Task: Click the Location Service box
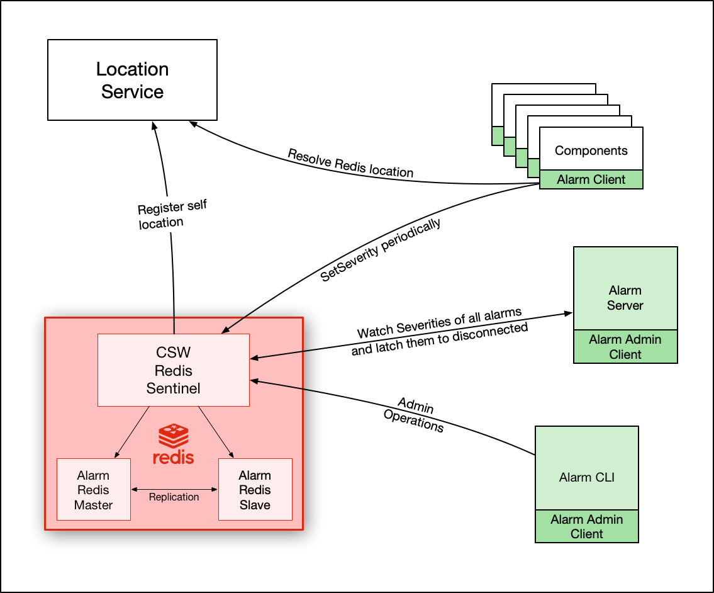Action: (132, 80)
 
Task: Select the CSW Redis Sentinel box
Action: (174, 370)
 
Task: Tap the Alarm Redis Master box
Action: (94, 490)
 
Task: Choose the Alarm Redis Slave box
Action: (255, 490)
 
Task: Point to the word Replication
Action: (174, 497)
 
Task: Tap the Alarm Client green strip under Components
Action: (591, 179)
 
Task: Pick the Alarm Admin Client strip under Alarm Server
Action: (625, 347)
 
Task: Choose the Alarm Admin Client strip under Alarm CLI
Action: (586, 526)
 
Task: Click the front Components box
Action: (591, 150)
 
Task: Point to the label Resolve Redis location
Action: (350, 163)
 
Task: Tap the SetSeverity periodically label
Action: (381, 250)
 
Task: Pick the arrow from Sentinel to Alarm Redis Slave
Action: (216, 432)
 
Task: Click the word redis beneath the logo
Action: (173, 456)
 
